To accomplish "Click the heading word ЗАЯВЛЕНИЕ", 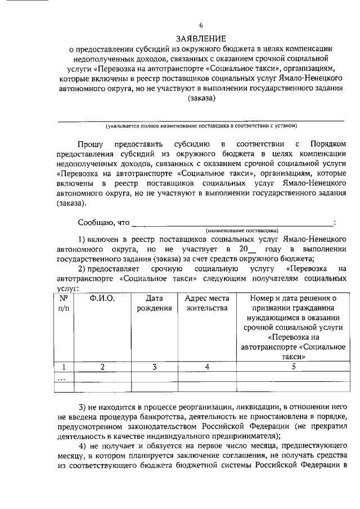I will (201, 38).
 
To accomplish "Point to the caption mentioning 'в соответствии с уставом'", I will (201, 125).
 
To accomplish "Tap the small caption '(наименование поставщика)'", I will (241, 230).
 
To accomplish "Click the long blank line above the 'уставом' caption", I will (201, 120).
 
